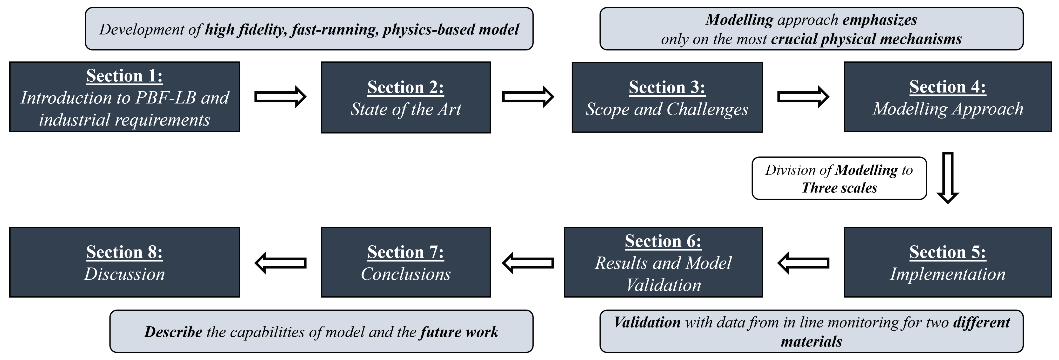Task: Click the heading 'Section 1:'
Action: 124,76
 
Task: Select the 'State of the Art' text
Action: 405,109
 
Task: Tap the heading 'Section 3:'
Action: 667,87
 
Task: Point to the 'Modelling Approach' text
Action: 948,109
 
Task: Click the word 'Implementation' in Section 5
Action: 948,274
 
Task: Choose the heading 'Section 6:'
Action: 663,241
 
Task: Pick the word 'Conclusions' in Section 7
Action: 405,274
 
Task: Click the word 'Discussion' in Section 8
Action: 124,274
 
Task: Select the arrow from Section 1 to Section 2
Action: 280,97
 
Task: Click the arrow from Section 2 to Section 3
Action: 528,97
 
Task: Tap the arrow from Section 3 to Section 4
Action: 803,97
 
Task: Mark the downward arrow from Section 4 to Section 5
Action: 948,178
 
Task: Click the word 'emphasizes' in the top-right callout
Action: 880,20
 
